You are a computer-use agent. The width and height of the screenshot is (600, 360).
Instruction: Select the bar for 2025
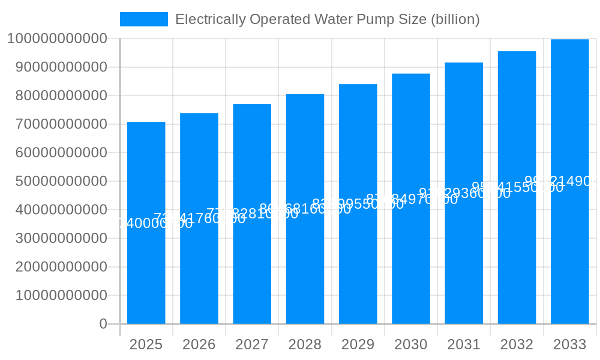coord(146,270)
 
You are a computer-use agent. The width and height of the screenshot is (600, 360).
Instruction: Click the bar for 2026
coord(199,270)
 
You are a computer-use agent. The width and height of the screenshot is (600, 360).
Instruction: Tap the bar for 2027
coord(252,270)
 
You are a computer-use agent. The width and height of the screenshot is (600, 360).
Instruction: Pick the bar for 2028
coord(305,270)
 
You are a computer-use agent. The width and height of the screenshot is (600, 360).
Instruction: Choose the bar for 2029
coord(358,270)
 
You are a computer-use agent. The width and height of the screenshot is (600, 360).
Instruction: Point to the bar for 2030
coord(411,270)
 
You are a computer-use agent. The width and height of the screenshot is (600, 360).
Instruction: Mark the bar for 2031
coord(464,270)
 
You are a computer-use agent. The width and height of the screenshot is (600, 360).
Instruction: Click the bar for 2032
coord(517,270)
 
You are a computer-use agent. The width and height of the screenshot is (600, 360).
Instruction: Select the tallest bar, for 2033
coord(569,270)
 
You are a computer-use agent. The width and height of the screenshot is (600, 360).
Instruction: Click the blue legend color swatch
coord(144,19)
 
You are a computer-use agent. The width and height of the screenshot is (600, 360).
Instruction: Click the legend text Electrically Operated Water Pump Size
coord(327,19)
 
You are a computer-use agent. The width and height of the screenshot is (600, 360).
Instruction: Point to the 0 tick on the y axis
coord(103,324)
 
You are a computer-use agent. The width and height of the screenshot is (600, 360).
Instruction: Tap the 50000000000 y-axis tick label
coord(57,181)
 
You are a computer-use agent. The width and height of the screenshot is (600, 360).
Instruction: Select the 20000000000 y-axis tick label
coord(57,267)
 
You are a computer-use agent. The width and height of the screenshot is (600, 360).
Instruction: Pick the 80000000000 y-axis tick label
coord(57,95)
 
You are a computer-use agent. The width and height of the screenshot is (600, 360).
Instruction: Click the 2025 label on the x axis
coord(146,344)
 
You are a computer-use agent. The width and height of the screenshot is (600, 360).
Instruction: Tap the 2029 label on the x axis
coord(358,344)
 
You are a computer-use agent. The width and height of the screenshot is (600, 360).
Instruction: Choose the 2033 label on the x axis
coord(569,344)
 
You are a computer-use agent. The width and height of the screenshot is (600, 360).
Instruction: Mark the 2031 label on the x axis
coord(464,344)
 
